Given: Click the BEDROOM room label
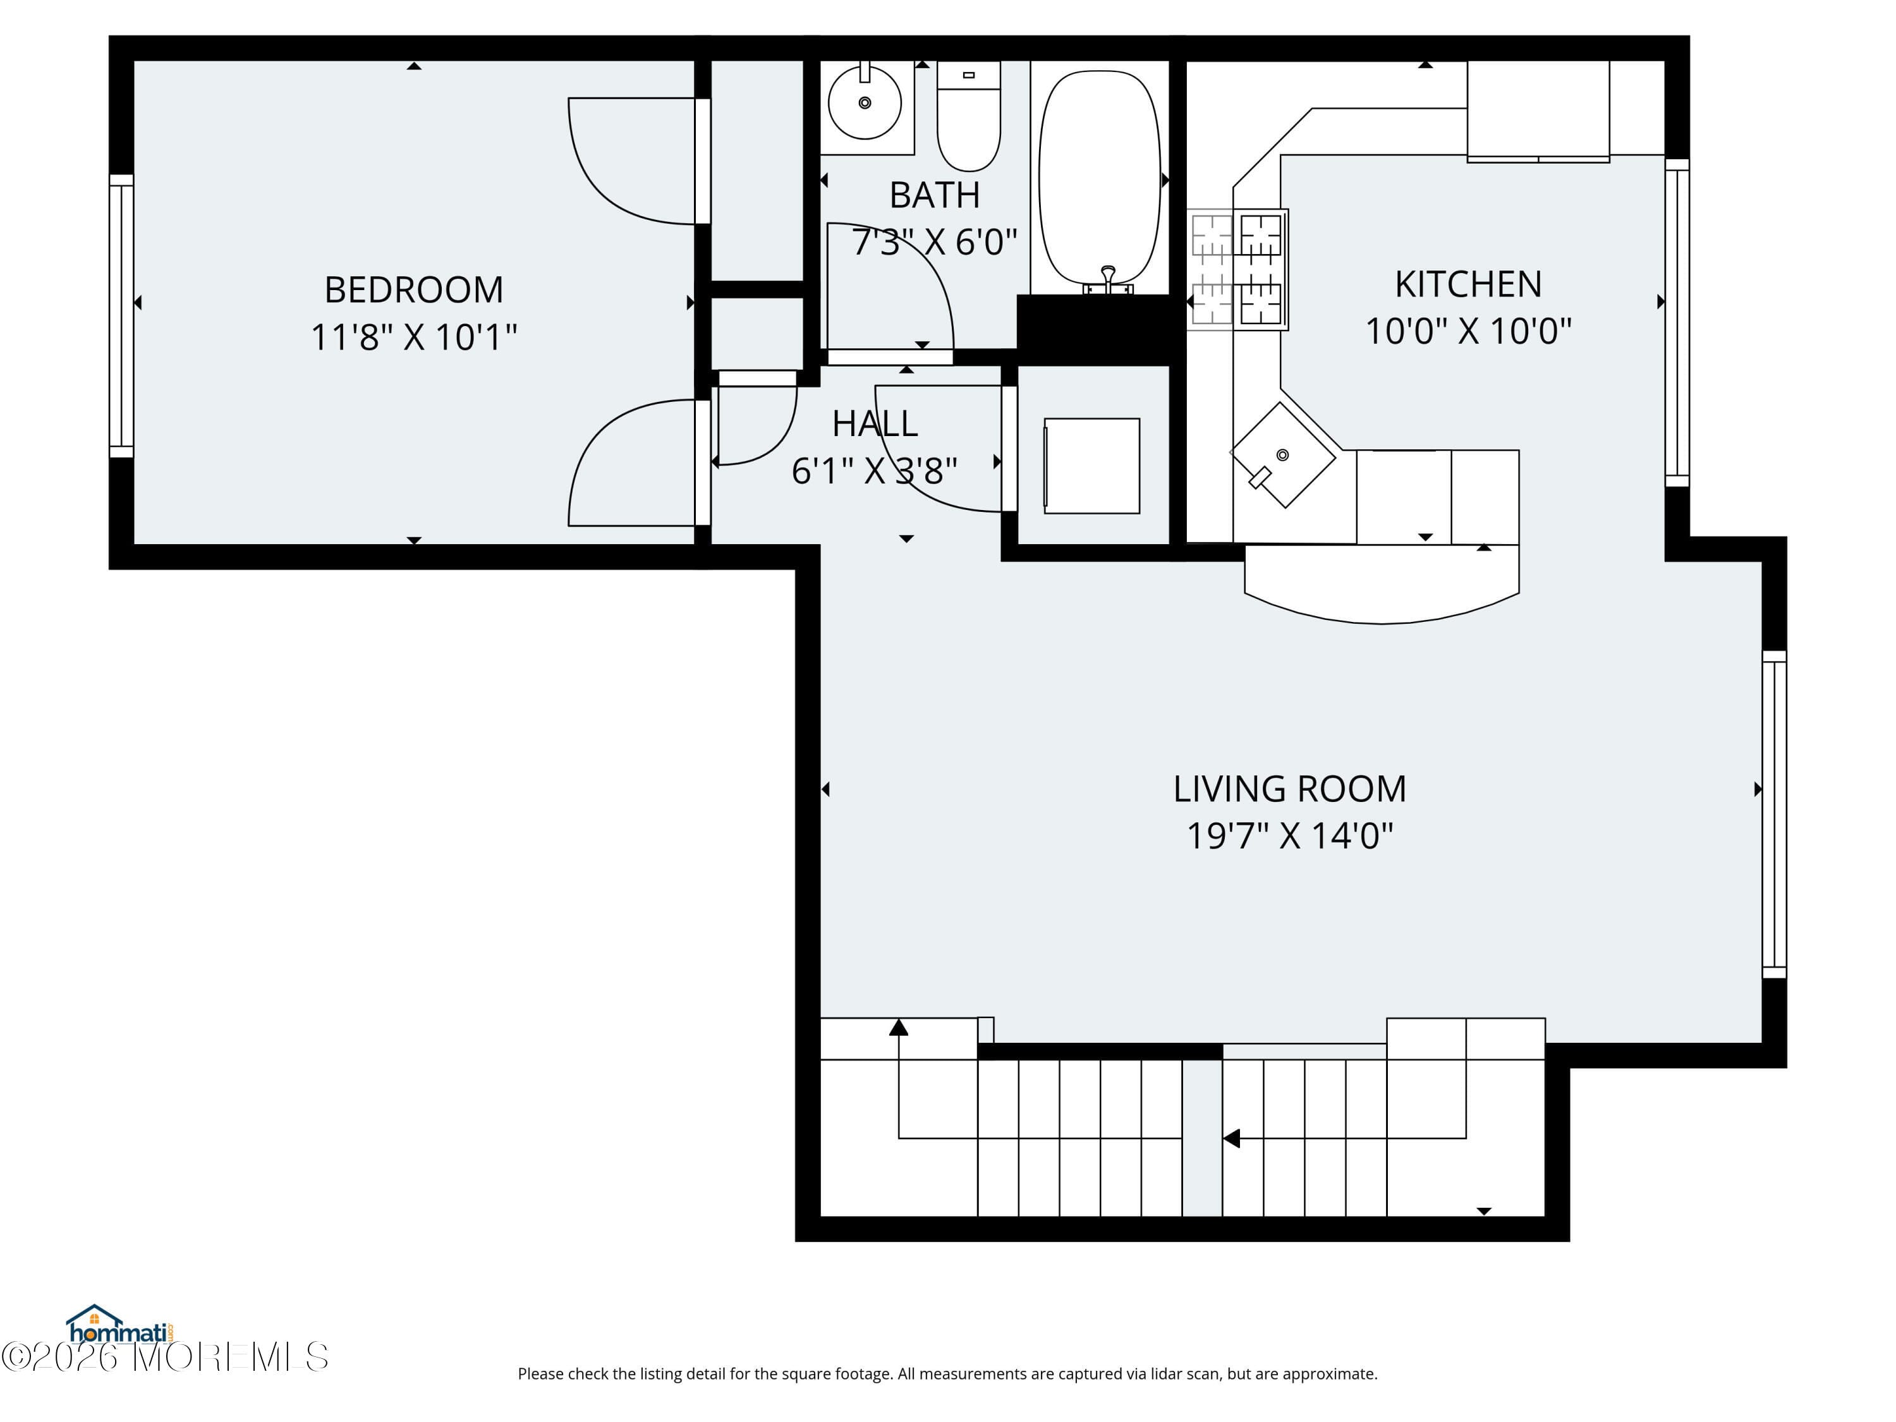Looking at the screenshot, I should point(413,289).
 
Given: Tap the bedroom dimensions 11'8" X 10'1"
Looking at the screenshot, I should point(413,337).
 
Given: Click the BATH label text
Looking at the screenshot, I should point(934,195).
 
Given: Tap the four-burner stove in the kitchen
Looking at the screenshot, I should point(1237,269).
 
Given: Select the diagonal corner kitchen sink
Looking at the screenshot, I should point(1282,455).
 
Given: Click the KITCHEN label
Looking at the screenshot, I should point(1468,284).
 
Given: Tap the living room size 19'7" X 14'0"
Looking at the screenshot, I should point(1289,836).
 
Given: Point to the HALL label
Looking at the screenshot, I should point(874,423).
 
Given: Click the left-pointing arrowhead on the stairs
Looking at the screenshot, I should point(1232,1138).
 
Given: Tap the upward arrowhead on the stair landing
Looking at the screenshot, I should point(898,1027).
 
